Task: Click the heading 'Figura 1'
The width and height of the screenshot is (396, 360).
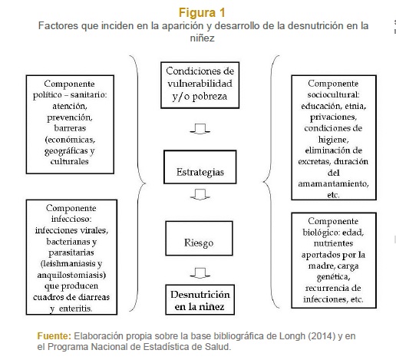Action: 202,13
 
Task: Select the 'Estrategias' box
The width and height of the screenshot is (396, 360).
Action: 200,167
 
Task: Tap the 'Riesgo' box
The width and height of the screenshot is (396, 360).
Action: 199,238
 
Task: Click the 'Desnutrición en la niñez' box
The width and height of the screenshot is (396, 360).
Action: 200,299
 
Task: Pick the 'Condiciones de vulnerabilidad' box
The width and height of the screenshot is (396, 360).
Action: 200,85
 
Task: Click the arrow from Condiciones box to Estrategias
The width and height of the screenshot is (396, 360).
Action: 200,129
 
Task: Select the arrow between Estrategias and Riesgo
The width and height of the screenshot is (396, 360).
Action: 200,194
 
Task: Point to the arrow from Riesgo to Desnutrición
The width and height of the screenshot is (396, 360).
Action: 200,273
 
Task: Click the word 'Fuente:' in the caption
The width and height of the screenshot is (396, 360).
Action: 54,335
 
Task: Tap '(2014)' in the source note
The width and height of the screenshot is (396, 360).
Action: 322,335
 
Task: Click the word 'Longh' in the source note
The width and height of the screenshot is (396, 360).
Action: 292,336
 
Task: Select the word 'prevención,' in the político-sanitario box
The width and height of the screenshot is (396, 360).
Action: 70,117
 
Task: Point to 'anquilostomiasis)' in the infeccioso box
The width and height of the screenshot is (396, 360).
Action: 71,275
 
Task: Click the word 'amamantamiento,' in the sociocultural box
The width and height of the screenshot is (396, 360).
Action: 333,183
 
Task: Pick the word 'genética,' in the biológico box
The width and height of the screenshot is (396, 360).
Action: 333,277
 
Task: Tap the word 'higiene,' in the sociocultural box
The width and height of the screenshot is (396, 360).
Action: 333,140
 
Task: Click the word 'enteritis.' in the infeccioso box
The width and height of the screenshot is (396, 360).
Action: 75,309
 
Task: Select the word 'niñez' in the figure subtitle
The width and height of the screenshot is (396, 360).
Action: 202,38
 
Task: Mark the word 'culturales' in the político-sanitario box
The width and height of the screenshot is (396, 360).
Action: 70,161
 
